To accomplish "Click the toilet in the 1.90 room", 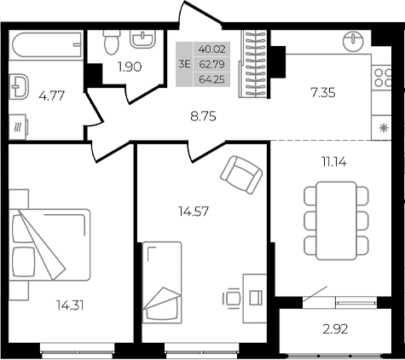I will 108,41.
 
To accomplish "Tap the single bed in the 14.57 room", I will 163,281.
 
